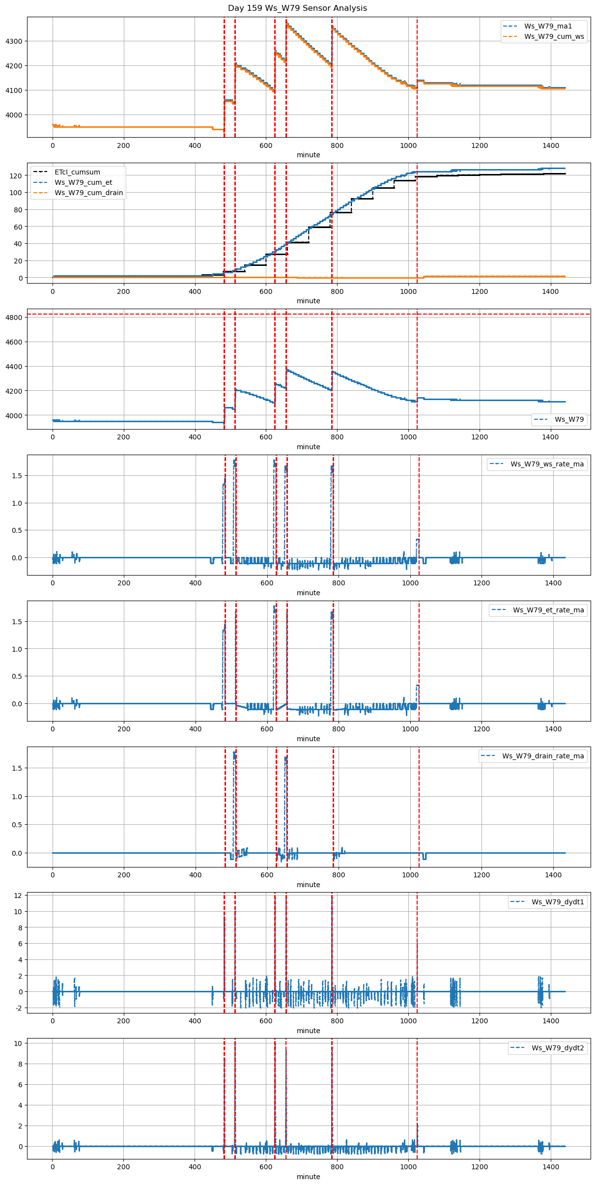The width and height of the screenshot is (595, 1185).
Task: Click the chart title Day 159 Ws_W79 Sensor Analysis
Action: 297,8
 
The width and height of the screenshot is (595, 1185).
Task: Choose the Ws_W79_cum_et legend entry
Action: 83,182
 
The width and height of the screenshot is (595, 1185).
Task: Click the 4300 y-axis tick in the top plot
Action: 14,41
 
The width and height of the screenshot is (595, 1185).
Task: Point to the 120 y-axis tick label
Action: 16,176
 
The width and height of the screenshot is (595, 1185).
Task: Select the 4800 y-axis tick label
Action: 14,318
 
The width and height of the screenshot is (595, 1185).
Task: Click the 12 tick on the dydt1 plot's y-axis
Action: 18,896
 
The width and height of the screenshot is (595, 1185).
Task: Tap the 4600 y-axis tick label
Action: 14,342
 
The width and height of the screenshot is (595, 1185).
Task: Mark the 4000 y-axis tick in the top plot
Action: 14,115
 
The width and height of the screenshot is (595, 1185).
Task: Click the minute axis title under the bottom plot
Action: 309,1177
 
